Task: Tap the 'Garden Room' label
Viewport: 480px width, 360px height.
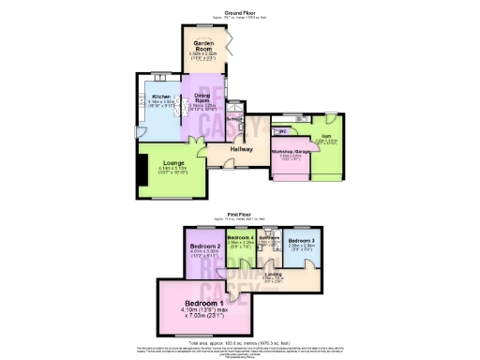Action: [203, 45]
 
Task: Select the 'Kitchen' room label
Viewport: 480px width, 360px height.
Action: [160, 97]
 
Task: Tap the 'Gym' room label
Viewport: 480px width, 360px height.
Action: [326, 136]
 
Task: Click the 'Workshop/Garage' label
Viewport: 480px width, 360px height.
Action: [291, 151]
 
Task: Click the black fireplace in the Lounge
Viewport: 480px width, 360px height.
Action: [142, 171]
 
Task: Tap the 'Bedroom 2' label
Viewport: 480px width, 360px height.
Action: [203, 246]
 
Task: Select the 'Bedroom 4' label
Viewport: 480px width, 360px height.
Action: [242, 238]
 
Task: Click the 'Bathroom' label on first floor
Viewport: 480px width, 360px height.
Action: [271, 238]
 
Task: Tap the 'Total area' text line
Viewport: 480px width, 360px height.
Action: [240, 343]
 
